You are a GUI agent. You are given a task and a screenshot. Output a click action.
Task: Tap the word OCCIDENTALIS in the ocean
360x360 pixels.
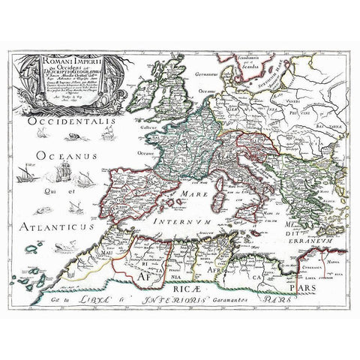point(67,120)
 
